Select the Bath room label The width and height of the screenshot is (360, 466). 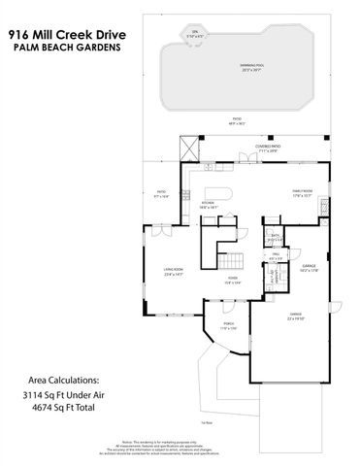pos(275,237)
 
